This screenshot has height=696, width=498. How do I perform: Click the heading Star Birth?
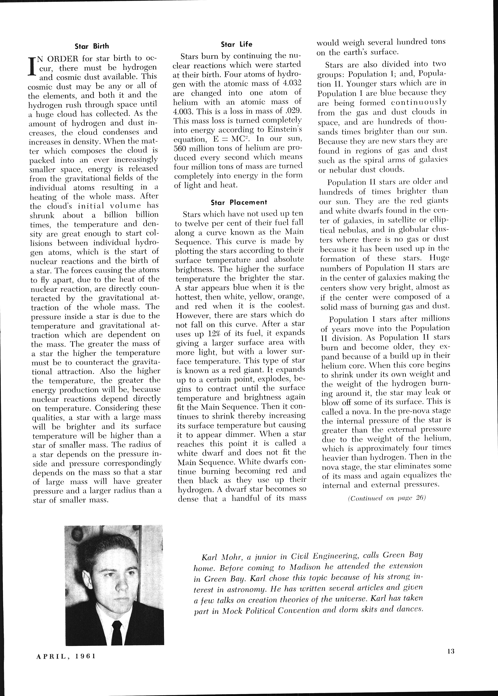pos(92,46)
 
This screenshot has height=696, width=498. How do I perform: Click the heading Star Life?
pos(236,44)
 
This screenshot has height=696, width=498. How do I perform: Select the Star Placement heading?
pos(239,202)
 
